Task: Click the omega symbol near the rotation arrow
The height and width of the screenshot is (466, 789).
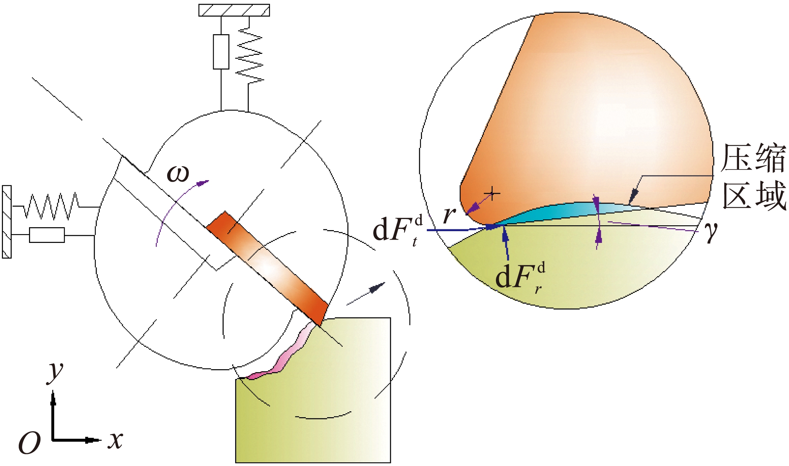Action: click(178, 174)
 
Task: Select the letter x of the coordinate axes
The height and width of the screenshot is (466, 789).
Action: click(115, 440)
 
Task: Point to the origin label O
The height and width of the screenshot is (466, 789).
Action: click(29, 443)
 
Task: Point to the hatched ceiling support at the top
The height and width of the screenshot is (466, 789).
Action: click(234, 10)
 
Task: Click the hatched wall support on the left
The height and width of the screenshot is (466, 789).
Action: click(7, 222)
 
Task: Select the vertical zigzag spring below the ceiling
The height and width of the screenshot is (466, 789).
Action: click(249, 55)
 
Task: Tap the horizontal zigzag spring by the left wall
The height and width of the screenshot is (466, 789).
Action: click(51, 206)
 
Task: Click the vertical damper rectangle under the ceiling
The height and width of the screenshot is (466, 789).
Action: click(221, 52)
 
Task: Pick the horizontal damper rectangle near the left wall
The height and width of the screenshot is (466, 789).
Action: click(47, 235)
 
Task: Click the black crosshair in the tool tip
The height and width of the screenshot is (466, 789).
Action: click(491, 193)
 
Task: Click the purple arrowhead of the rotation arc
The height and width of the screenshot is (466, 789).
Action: click(202, 182)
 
